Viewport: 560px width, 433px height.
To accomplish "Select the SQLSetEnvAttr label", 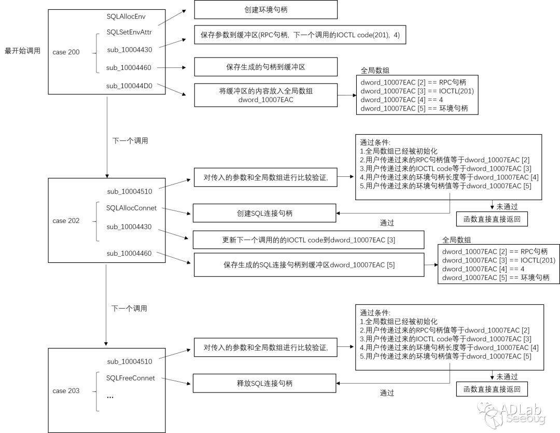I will click(129, 32).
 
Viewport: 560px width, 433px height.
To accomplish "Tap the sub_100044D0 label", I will click(129, 86).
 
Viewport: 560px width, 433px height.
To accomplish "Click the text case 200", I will click(66, 52).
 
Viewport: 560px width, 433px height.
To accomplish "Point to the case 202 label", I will click(66, 220).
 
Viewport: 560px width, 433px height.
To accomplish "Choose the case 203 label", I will click(66, 390).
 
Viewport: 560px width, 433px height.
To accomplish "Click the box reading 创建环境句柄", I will click(265, 10).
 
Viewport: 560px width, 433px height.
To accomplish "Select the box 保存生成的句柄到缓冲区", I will click(265, 67).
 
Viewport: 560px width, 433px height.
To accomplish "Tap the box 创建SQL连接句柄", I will click(264, 213).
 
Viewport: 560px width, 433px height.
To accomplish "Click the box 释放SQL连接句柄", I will click(264, 384).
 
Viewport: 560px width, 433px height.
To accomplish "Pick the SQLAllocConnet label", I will click(131, 208).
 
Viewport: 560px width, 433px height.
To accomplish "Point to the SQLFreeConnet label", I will click(131, 378).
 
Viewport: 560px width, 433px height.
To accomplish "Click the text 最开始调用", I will click(22, 51).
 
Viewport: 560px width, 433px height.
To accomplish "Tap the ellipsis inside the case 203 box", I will click(110, 396).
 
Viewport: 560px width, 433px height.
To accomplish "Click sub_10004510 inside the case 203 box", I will click(130, 361).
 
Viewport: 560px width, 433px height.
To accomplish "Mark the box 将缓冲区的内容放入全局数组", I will click(265, 95).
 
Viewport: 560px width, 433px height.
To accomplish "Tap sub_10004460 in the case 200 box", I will click(129, 67).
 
